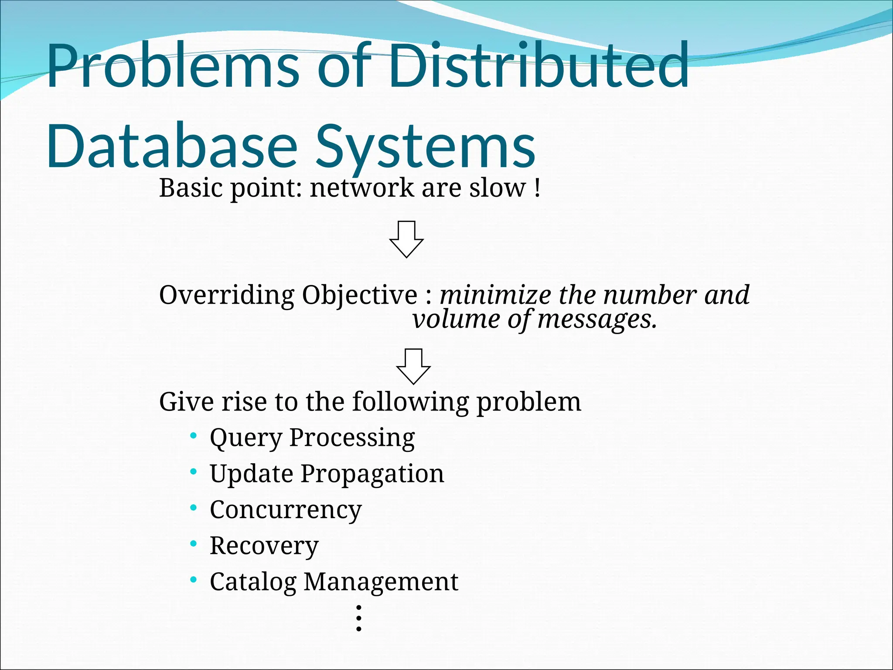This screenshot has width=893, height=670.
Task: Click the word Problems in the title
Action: click(172, 65)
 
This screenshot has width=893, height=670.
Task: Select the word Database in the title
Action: click(172, 146)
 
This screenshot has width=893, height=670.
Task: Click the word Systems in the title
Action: click(425, 146)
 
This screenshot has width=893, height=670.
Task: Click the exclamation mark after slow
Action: click(537, 188)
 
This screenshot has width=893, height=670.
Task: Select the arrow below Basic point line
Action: click(406, 239)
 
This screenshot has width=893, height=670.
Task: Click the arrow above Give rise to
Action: click(413, 366)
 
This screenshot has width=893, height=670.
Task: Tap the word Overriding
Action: click(227, 296)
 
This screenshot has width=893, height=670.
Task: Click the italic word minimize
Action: click(495, 295)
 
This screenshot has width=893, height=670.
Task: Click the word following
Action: click(411, 402)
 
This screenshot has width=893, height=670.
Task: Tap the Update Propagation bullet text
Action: click(327, 474)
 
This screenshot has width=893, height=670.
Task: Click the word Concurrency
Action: click(286, 510)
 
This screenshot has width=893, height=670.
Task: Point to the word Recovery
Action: click(264, 546)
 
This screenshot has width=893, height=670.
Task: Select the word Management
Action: click(381, 582)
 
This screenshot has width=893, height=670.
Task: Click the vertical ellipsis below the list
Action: click(358, 618)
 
